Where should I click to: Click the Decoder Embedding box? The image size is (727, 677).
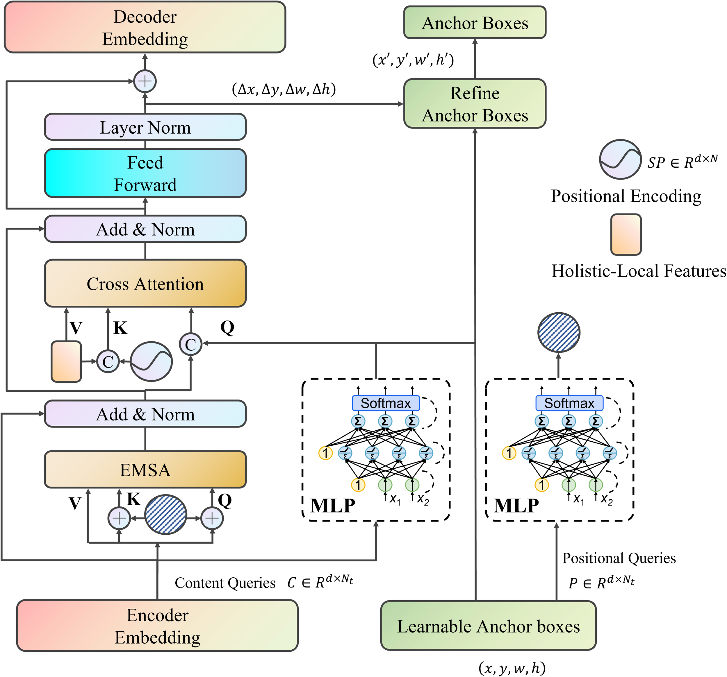click(x=145, y=27)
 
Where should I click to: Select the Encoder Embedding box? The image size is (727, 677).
click(x=157, y=626)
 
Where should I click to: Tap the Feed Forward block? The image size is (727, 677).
click(x=145, y=173)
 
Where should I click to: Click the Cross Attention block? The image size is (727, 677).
click(x=145, y=284)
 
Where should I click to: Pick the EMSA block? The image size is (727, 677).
click(x=145, y=470)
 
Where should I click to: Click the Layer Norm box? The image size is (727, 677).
click(x=145, y=127)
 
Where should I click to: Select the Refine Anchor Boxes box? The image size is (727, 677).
click(x=475, y=104)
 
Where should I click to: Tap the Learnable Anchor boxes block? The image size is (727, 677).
click(x=488, y=626)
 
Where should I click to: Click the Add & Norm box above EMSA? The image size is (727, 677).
click(x=145, y=414)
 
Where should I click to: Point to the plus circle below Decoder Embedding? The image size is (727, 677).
click(x=145, y=81)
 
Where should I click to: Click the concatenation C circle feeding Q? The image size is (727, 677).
click(x=190, y=344)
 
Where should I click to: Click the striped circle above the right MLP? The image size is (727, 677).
click(x=558, y=332)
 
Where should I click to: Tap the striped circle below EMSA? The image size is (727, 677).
click(x=166, y=514)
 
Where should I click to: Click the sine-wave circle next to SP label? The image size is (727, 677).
click(x=620, y=160)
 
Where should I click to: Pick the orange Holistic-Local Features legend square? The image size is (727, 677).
click(x=626, y=234)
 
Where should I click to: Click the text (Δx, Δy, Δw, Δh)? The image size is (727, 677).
click(x=284, y=89)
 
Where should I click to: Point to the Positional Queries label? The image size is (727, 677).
click(x=619, y=558)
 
